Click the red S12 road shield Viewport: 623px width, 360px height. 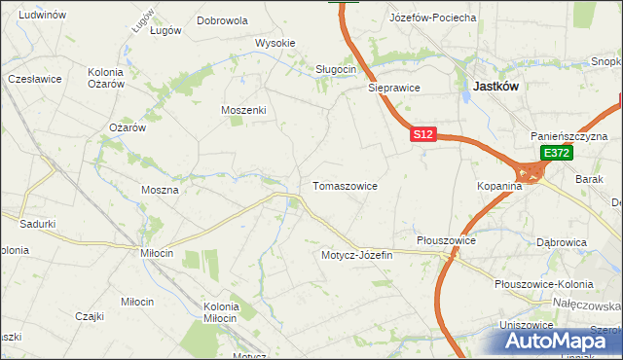(x=421, y=135)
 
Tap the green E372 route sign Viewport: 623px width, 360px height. (x=556, y=153)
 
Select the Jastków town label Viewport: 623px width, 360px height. (x=495, y=86)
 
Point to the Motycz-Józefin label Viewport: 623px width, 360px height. (x=356, y=255)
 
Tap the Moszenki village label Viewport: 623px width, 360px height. (x=243, y=110)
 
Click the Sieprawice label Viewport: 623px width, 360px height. (x=393, y=87)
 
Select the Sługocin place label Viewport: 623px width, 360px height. (x=337, y=69)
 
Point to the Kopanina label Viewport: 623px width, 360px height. (x=500, y=185)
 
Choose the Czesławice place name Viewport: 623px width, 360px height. (x=34, y=78)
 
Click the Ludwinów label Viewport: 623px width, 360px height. (x=42, y=16)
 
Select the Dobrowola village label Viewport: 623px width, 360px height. (x=222, y=19)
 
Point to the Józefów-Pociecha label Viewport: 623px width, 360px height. (x=432, y=18)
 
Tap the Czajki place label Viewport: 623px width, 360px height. (x=90, y=316)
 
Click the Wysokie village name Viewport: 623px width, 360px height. (x=275, y=43)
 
